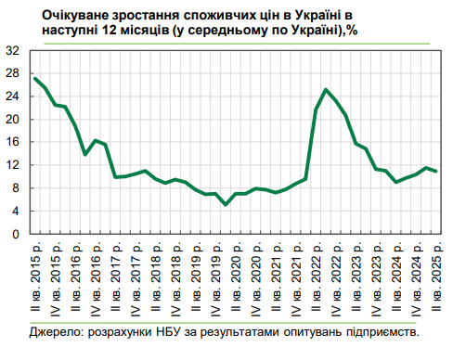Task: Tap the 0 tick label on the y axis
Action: tap(18, 235)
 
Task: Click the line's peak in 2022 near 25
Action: tap(326, 90)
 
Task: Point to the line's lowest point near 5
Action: tap(226, 205)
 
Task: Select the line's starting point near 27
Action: tap(35, 78)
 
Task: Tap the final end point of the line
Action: tap(436, 172)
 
